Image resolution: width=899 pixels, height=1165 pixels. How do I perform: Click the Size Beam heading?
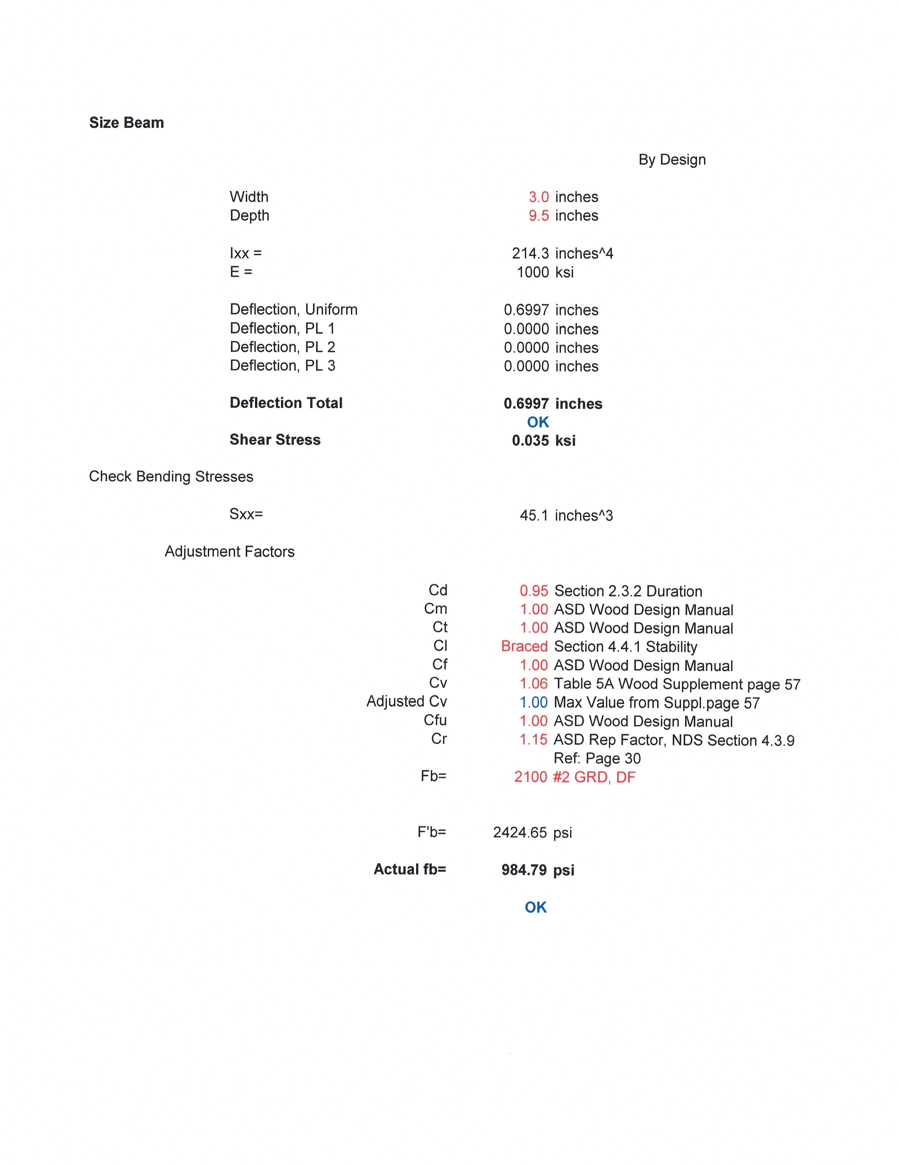(127, 123)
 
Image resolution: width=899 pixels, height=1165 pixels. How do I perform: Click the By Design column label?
(672, 159)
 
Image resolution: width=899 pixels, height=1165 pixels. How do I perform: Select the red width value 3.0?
(538, 197)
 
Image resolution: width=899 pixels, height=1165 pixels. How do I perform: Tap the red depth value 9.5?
(538, 216)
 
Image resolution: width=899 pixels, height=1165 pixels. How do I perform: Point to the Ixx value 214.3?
(530, 253)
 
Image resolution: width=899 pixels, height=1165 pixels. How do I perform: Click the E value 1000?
(533, 272)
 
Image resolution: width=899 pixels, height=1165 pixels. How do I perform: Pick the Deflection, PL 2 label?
(282, 347)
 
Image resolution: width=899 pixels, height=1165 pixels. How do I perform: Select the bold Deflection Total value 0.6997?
(526, 403)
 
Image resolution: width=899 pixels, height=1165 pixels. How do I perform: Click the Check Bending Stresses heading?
(171, 477)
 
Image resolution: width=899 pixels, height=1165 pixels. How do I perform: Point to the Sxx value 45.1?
(534, 515)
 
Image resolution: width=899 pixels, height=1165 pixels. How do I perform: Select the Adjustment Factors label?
(229, 552)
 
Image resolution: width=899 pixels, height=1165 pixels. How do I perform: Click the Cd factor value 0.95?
(534, 591)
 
